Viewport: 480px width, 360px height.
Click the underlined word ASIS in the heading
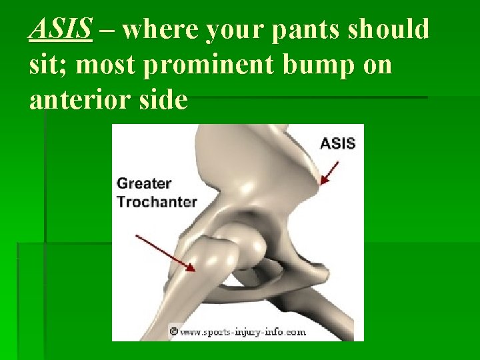point(61,30)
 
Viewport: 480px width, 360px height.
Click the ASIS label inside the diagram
point(338,143)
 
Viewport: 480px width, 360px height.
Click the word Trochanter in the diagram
point(157,201)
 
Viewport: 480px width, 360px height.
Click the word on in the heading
point(377,65)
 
